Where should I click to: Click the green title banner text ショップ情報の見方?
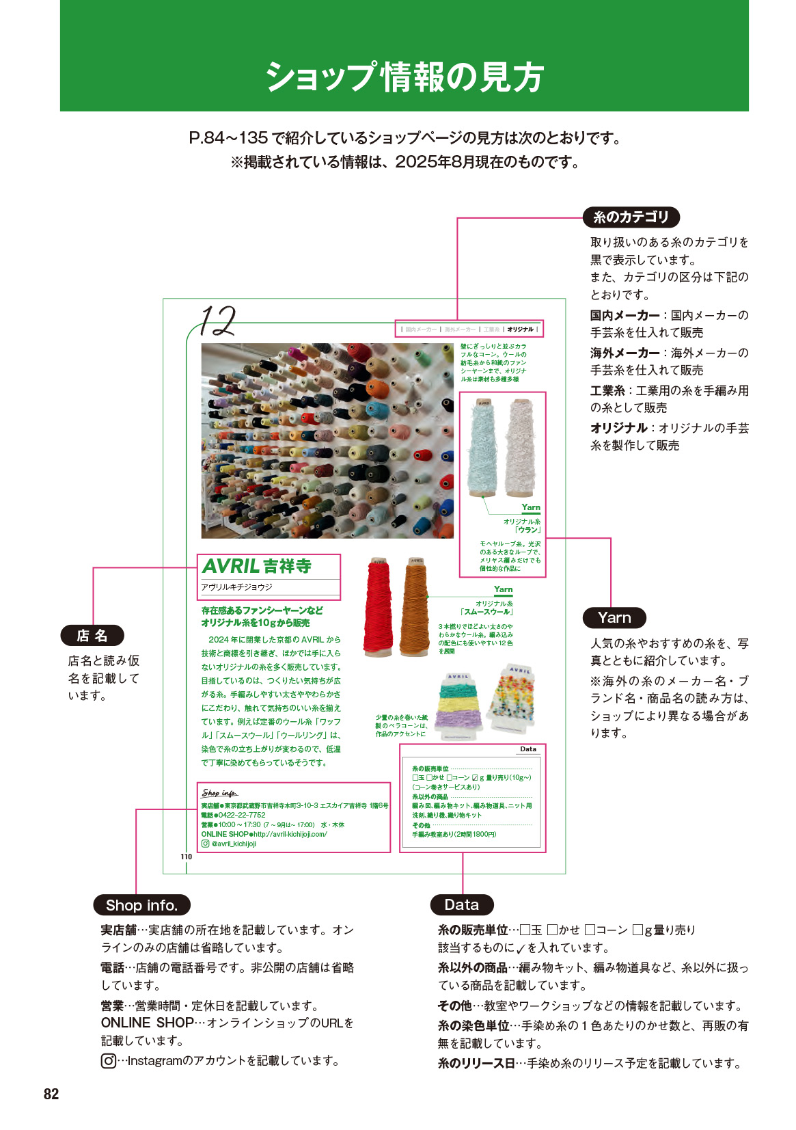tap(404, 77)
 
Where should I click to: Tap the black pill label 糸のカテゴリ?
tap(631, 217)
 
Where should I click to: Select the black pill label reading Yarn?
tap(614, 618)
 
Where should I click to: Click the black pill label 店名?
tap(92, 636)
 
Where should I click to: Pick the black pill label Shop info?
tap(141, 905)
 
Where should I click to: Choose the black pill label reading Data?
tap(462, 905)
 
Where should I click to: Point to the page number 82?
tap(51, 1094)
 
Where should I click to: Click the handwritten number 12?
tap(218, 321)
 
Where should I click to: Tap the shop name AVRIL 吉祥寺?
tap(257, 566)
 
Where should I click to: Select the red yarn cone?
tap(378, 608)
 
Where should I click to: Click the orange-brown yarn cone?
tap(414, 608)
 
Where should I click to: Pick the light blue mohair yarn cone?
tap(484, 448)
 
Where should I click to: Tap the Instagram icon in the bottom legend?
tap(108, 1061)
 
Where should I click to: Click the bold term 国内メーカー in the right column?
tap(625, 315)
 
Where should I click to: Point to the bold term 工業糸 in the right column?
tap(607, 390)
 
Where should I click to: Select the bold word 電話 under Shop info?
tap(113, 967)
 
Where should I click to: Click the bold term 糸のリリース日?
tap(476, 1063)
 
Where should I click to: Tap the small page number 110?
tap(186, 857)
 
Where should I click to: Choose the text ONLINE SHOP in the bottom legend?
tap(147, 1023)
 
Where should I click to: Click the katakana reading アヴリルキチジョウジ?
tap(236, 587)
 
